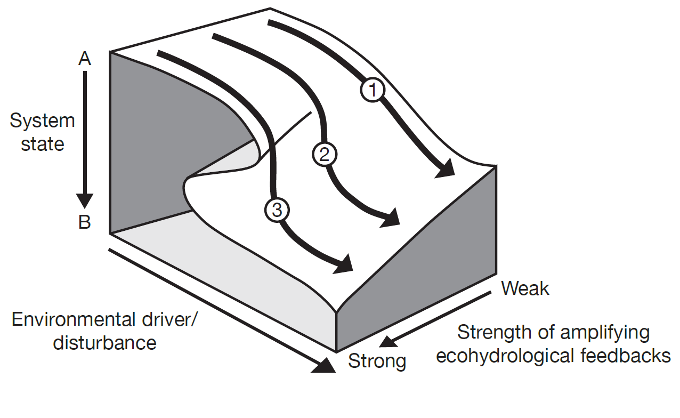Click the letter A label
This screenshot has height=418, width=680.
pos(85,59)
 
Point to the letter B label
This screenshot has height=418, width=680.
pos(85,222)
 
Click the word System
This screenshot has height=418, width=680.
pos(43,121)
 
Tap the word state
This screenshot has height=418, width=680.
pos(43,144)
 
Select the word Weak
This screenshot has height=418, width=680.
pos(525,288)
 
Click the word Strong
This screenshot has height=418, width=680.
pos(377,361)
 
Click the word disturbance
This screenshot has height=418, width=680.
pos(104,342)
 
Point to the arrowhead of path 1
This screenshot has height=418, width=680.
pos(447,170)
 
